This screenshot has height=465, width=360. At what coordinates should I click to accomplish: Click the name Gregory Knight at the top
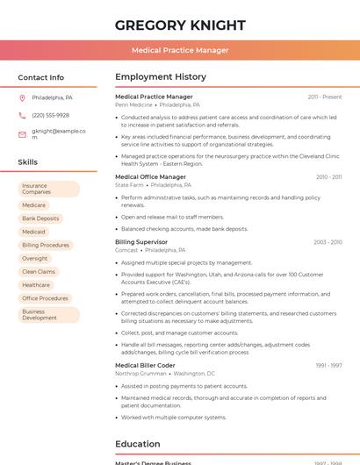coord(179,25)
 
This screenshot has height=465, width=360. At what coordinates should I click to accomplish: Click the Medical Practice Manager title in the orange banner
coord(179,50)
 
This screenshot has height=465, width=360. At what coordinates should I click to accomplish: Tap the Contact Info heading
coord(40,77)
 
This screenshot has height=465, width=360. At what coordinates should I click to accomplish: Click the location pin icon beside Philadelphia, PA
coord(22,97)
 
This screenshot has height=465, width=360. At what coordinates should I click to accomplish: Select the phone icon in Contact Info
coord(22,115)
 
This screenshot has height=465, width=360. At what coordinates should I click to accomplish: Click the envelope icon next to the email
coord(22,134)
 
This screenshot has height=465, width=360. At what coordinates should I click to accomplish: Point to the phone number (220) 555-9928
coord(50,115)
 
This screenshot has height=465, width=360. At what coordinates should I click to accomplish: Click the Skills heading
coord(27,162)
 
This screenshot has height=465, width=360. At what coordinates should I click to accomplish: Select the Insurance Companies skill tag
coord(48,189)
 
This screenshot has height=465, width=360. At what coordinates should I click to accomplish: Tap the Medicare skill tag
coord(33,204)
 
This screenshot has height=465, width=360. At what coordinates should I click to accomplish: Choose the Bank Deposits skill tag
coord(40,218)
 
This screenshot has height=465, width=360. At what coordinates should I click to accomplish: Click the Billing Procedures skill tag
coord(46,245)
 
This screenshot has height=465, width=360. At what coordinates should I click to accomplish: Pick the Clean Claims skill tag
coord(39,271)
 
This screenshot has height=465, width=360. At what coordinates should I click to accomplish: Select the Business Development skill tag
coord(48,314)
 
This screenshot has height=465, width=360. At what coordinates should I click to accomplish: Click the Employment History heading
coord(160,77)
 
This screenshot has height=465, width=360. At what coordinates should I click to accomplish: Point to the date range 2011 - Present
coord(324,97)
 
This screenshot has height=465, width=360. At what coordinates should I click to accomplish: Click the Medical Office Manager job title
coord(150,176)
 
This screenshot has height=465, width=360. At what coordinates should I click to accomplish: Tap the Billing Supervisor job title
coord(140,241)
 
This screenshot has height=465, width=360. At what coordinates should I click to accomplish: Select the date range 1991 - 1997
coord(328,365)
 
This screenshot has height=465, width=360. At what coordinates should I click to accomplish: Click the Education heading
coord(137,444)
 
